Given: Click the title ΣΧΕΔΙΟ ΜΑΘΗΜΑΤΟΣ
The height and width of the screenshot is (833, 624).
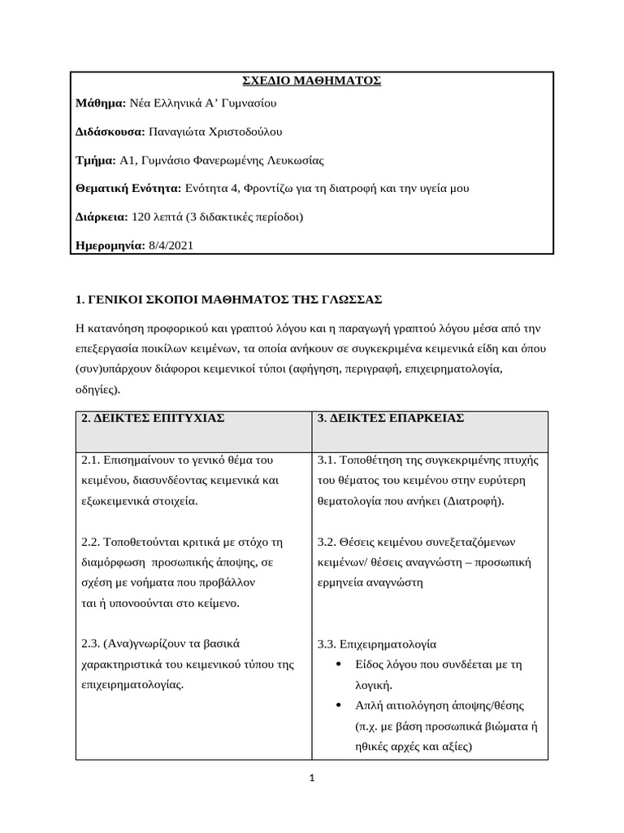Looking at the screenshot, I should click(313, 81).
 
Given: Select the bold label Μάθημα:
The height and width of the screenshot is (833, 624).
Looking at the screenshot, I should click(100, 103).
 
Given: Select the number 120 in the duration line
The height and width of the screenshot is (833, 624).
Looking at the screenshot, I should click(141, 217).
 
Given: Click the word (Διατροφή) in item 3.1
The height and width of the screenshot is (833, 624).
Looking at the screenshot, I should click(474, 501).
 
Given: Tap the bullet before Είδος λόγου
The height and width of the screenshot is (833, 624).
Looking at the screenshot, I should click(338, 665).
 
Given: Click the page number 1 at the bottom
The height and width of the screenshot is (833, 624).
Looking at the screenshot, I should click(312, 778).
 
